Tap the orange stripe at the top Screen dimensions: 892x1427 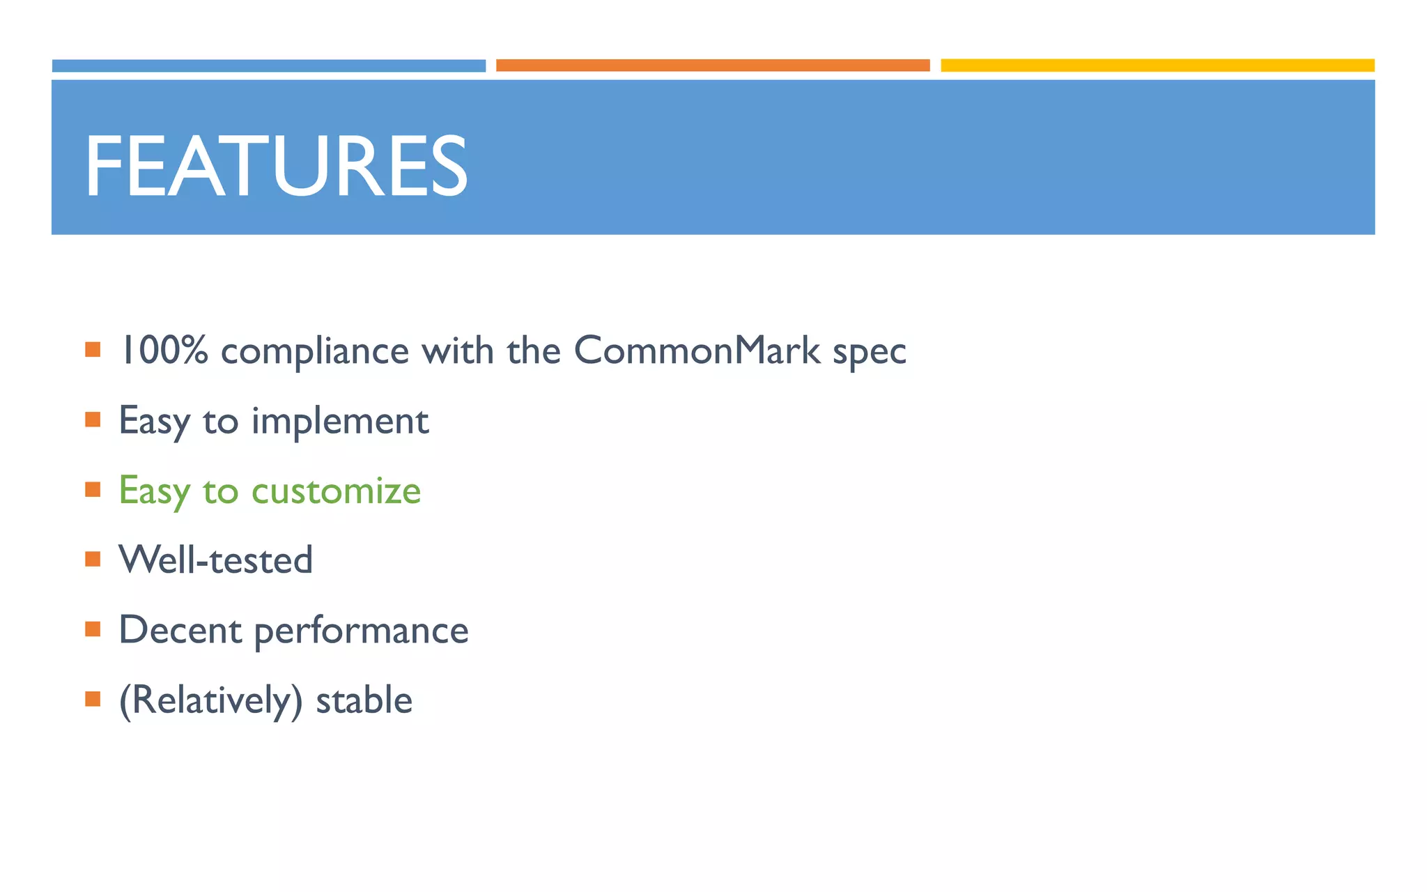[x=713, y=66]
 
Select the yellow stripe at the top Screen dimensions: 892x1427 [x=1157, y=66]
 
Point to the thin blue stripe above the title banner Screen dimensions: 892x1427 [x=269, y=66]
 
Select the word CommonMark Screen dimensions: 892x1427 [x=697, y=350]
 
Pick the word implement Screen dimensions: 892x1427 [x=340, y=422]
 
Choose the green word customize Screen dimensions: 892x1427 [x=336, y=491]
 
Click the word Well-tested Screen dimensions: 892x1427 [x=216, y=560]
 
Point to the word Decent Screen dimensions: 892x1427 [x=180, y=630]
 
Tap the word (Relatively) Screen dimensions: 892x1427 [x=211, y=700]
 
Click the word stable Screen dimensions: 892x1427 [x=364, y=700]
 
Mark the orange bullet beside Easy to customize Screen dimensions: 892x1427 [x=93, y=490]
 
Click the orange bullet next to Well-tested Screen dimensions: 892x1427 [x=93, y=560]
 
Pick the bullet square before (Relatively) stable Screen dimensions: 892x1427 [x=93, y=699]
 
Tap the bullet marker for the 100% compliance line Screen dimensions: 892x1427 [x=93, y=349]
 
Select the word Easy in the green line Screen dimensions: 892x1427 [x=154, y=491]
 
